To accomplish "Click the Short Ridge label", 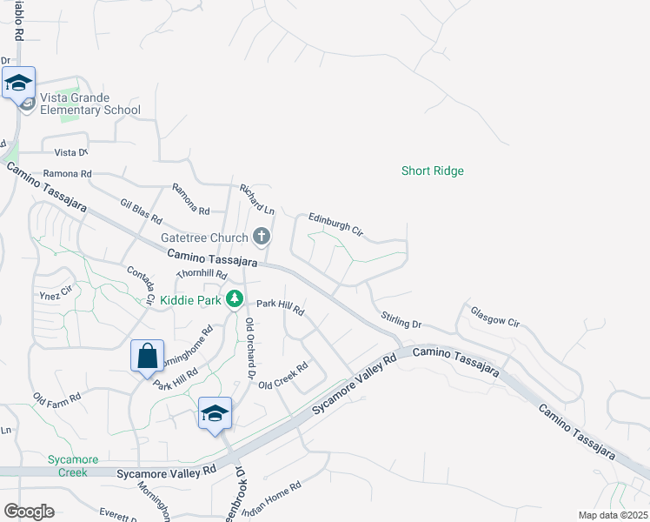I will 432,171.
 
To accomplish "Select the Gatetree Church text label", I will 204,237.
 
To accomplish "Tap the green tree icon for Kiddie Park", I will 234,299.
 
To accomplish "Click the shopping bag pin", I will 147,357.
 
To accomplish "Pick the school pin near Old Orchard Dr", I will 215,414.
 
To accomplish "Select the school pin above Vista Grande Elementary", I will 18,84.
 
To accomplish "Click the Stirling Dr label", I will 401,319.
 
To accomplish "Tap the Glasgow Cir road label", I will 494,315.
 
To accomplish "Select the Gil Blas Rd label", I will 142,208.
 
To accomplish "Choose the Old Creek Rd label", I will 283,376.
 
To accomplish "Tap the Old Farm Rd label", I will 56,398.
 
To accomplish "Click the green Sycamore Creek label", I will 73,465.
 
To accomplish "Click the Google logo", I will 29,512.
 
